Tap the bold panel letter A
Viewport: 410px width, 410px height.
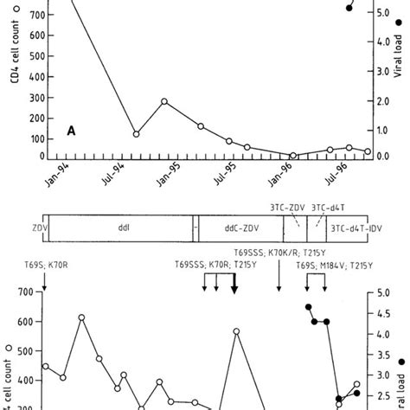click(x=74, y=131)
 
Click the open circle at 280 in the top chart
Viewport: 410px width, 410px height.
click(x=164, y=101)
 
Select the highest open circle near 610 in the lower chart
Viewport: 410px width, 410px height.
click(x=82, y=317)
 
